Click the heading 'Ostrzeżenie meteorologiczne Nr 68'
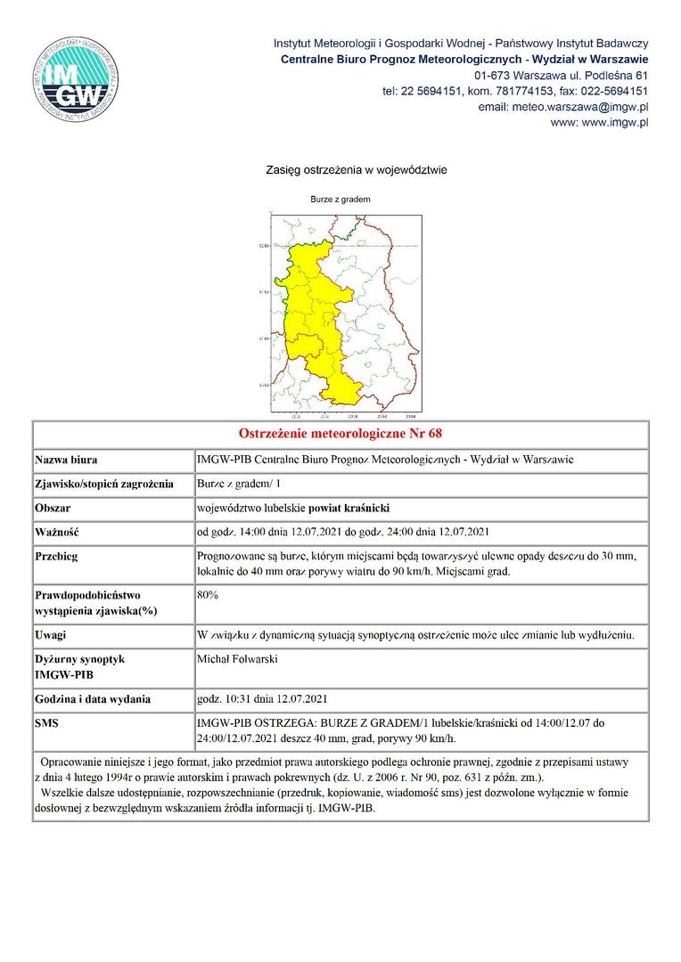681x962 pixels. tap(340, 434)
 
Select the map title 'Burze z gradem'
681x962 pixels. tap(340, 200)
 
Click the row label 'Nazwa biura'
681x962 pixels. tap(66, 461)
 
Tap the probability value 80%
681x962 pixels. tap(208, 593)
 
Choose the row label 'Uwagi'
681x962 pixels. tap(52, 635)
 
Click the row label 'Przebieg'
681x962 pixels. tap(58, 557)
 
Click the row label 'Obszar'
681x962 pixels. tap(53, 509)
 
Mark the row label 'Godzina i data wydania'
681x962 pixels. tap(92, 699)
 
